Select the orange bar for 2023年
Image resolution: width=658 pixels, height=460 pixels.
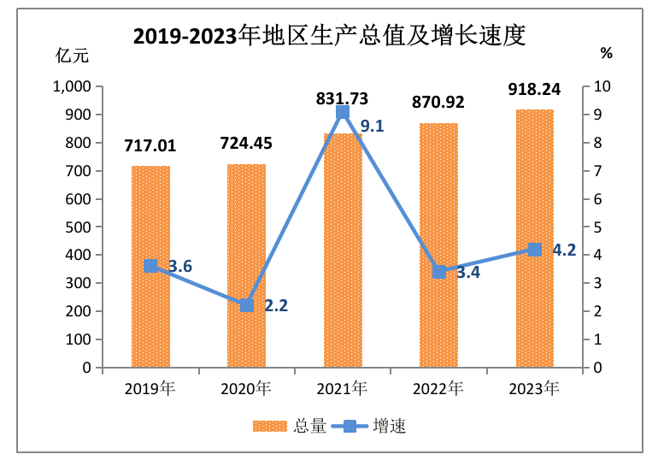click(534, 239)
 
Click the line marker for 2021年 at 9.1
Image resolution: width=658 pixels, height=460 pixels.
click(343, 113)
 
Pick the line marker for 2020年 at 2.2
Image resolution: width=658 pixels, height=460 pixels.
click(246, 305)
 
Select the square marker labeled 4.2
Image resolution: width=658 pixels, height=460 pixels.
click(534, 250)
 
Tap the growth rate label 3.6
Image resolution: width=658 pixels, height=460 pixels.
click(179, 267)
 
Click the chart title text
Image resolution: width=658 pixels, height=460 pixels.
click(328, 36)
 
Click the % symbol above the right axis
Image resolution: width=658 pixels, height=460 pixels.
click(606, 53)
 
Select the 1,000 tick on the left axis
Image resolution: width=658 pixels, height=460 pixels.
click(72, 86)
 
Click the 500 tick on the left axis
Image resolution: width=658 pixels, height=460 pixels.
click(79, 227)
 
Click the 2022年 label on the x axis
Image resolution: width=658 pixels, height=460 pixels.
click(438, 390)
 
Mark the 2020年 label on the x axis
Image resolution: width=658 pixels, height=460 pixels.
click(246, 390)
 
